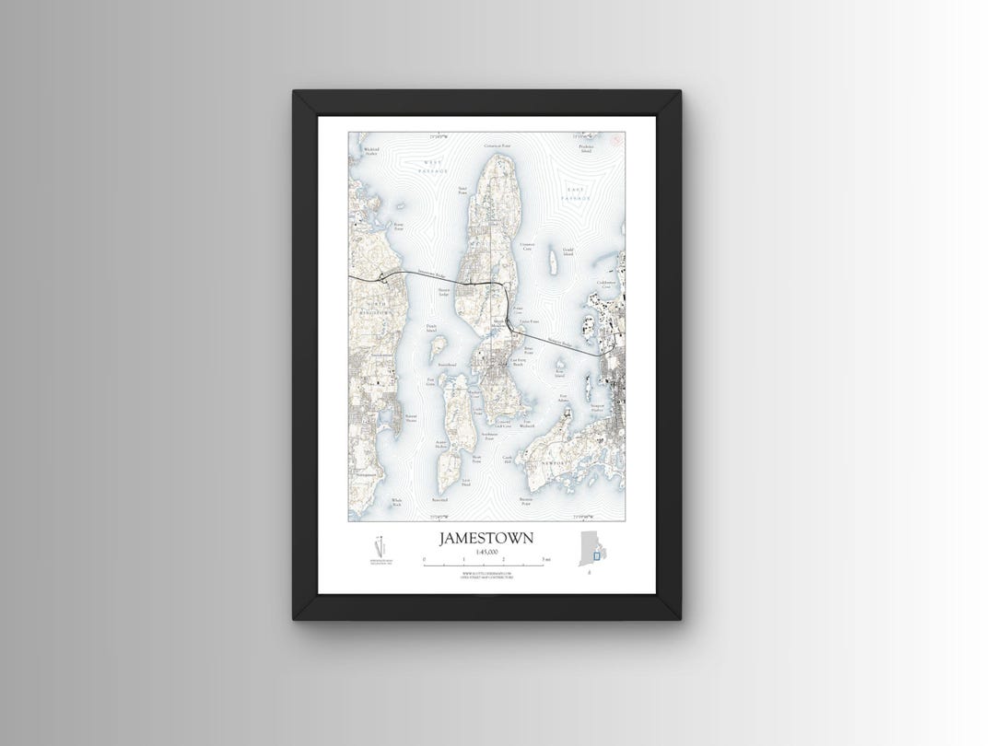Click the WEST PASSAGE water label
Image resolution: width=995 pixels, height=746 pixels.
pyautogui.click(x=430, y=166)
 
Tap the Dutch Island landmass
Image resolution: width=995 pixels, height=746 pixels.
pyautogui.click(x=439, y=344)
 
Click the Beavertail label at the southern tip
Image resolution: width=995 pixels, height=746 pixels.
pyautogui.click(x=439, y=499)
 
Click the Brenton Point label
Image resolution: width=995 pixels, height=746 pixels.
pyautogui.click(x=527, y=501)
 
